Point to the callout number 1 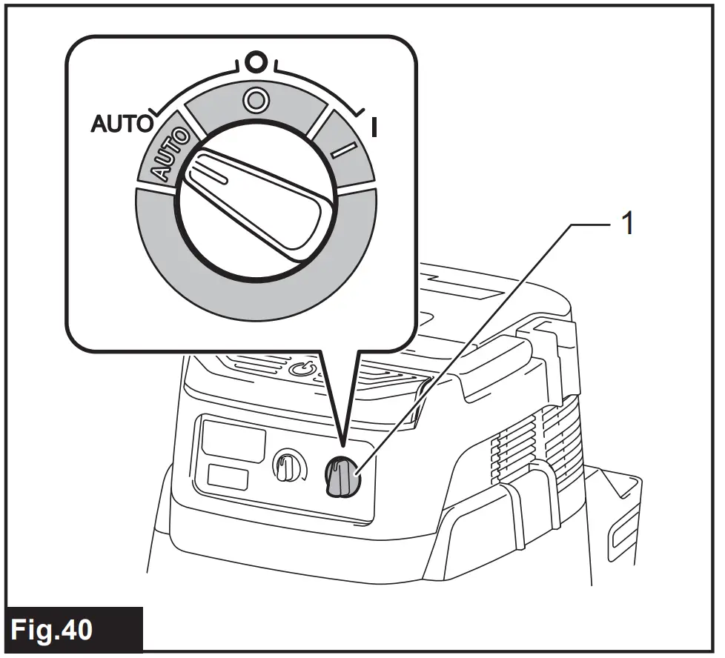(627, 223)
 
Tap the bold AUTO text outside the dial (122, 124)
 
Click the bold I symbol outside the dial (374, 128)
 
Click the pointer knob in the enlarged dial (255, 197)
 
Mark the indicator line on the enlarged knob (207, 173)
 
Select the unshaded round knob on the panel (286, 468)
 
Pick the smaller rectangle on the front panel (228, 476)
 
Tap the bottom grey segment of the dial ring (256, 296)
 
